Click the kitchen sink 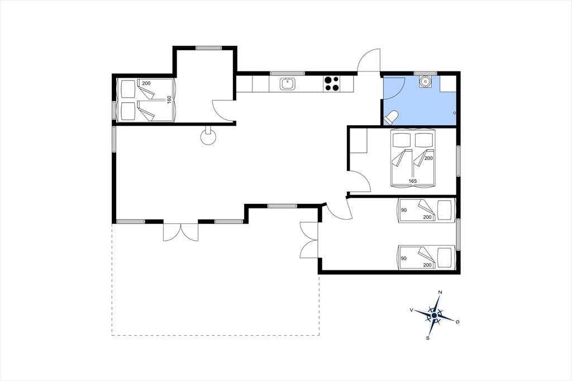(288, 84)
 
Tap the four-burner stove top (332, 84)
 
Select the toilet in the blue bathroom (390, 117)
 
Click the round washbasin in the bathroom (425, 81)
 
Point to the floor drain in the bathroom (455, 113)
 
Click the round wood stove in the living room (208, 137)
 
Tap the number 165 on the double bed (413, 181)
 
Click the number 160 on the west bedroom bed (169, 99)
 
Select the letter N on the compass (440, 292)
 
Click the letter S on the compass (427, 338)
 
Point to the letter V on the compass (412, 310)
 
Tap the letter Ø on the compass (457, 322)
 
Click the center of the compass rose (434, 315)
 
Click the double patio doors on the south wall (180, 231)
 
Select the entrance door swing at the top (369, 60)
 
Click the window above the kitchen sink (287, 73)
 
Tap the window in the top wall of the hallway (209, 48)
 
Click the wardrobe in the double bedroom (358, 141)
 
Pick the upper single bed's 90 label (404, 210)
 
